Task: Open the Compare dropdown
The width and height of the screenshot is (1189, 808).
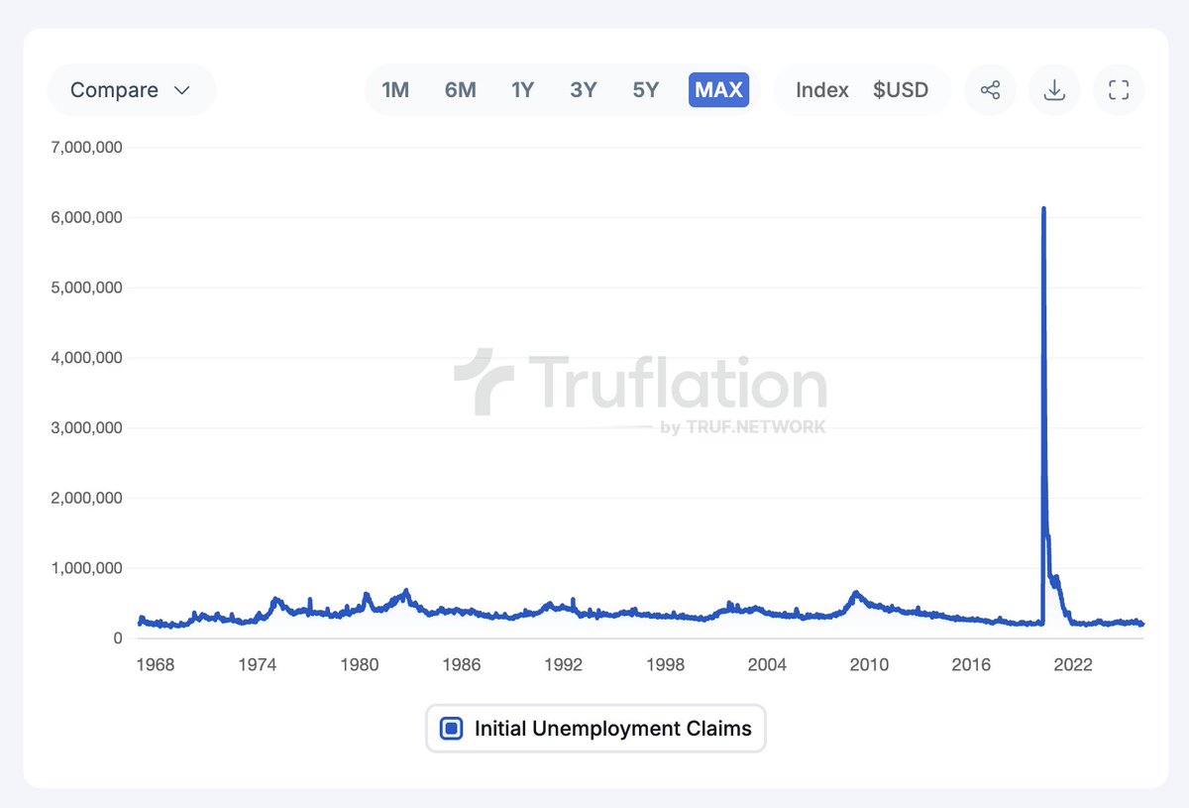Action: point(130,90)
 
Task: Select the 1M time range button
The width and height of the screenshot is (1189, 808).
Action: point(395,90)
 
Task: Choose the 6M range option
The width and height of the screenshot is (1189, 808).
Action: point(460,90)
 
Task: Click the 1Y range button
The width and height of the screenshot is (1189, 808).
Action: point(522,90)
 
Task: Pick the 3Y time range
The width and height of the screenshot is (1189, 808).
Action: point(584,90)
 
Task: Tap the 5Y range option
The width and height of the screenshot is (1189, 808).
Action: point(645,90)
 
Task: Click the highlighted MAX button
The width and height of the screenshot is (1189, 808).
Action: point(718,90)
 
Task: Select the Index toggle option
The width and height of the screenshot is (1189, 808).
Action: point(822,90)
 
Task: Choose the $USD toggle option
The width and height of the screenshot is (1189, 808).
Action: point(901,90)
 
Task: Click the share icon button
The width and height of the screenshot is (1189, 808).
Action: point(990,90)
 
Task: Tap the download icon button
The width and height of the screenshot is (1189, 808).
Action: point(1054,90)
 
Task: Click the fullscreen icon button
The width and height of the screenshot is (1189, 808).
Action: point(1119,90)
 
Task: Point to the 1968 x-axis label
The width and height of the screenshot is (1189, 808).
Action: point(155,664)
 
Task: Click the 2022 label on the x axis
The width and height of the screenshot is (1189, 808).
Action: point(1073,664)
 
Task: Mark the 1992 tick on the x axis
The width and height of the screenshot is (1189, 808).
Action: point(563,664)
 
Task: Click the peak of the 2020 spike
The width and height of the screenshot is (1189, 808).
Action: point(1043,208)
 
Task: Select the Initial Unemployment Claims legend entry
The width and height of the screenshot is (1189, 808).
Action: point(595,729)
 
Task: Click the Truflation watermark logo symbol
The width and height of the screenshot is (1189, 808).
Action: point(485,381)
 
